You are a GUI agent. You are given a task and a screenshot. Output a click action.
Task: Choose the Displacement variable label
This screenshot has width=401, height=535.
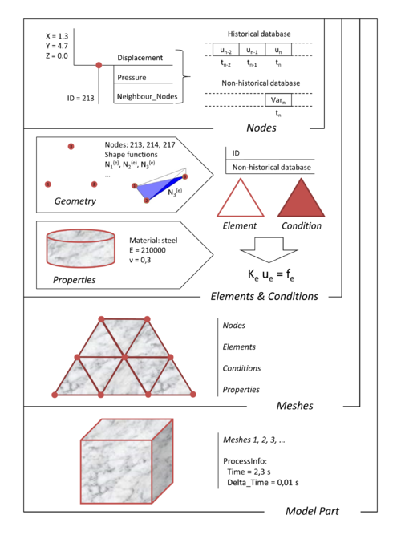coord(140,59)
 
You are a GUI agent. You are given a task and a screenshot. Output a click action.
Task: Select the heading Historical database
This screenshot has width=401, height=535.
coord(258,34)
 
